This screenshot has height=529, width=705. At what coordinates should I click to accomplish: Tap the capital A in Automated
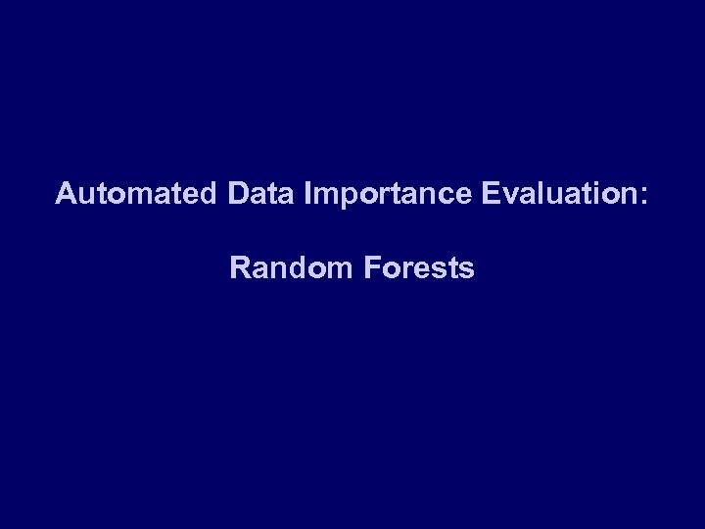[x=65, y=193]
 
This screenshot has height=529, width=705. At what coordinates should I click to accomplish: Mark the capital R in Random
[x=239, y=267]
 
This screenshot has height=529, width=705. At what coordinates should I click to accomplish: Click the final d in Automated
[x=206, y=193]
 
